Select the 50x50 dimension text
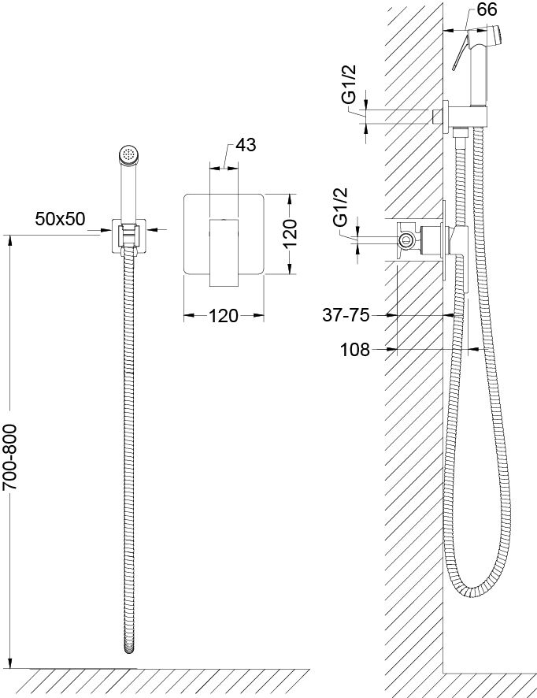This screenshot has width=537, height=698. [60, 218]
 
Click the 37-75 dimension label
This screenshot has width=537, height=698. [346, 315]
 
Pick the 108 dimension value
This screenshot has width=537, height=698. [355, 349]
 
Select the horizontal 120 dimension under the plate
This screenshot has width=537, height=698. [224, 317]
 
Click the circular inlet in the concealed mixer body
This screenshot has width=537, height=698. [406, 240]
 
